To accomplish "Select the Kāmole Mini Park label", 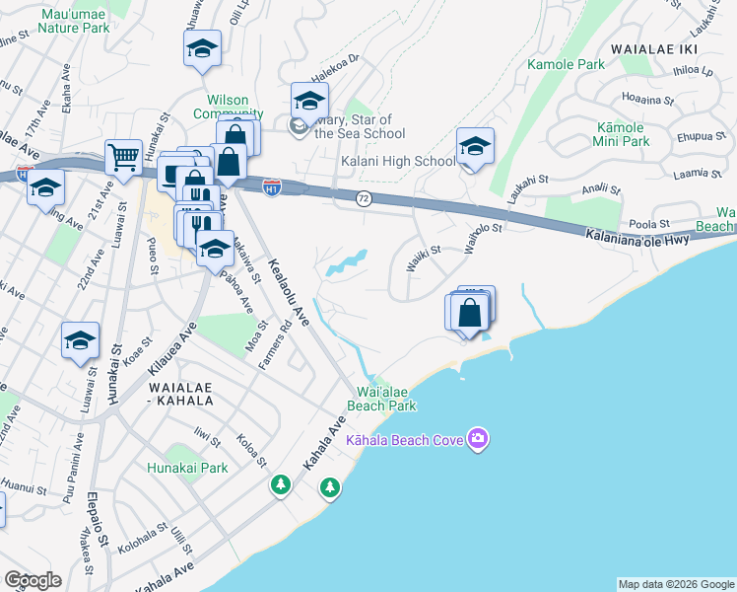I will [622, 134].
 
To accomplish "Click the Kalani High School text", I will [398, 161].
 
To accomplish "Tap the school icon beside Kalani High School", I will [475, 148].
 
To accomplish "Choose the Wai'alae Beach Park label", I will [381, 399].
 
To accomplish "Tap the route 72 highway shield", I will [363, 198].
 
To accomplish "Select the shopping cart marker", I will [123, 156].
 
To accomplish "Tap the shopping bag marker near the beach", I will [471, 311].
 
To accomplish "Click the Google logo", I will [33, 580].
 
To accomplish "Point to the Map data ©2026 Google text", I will [675, 584].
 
